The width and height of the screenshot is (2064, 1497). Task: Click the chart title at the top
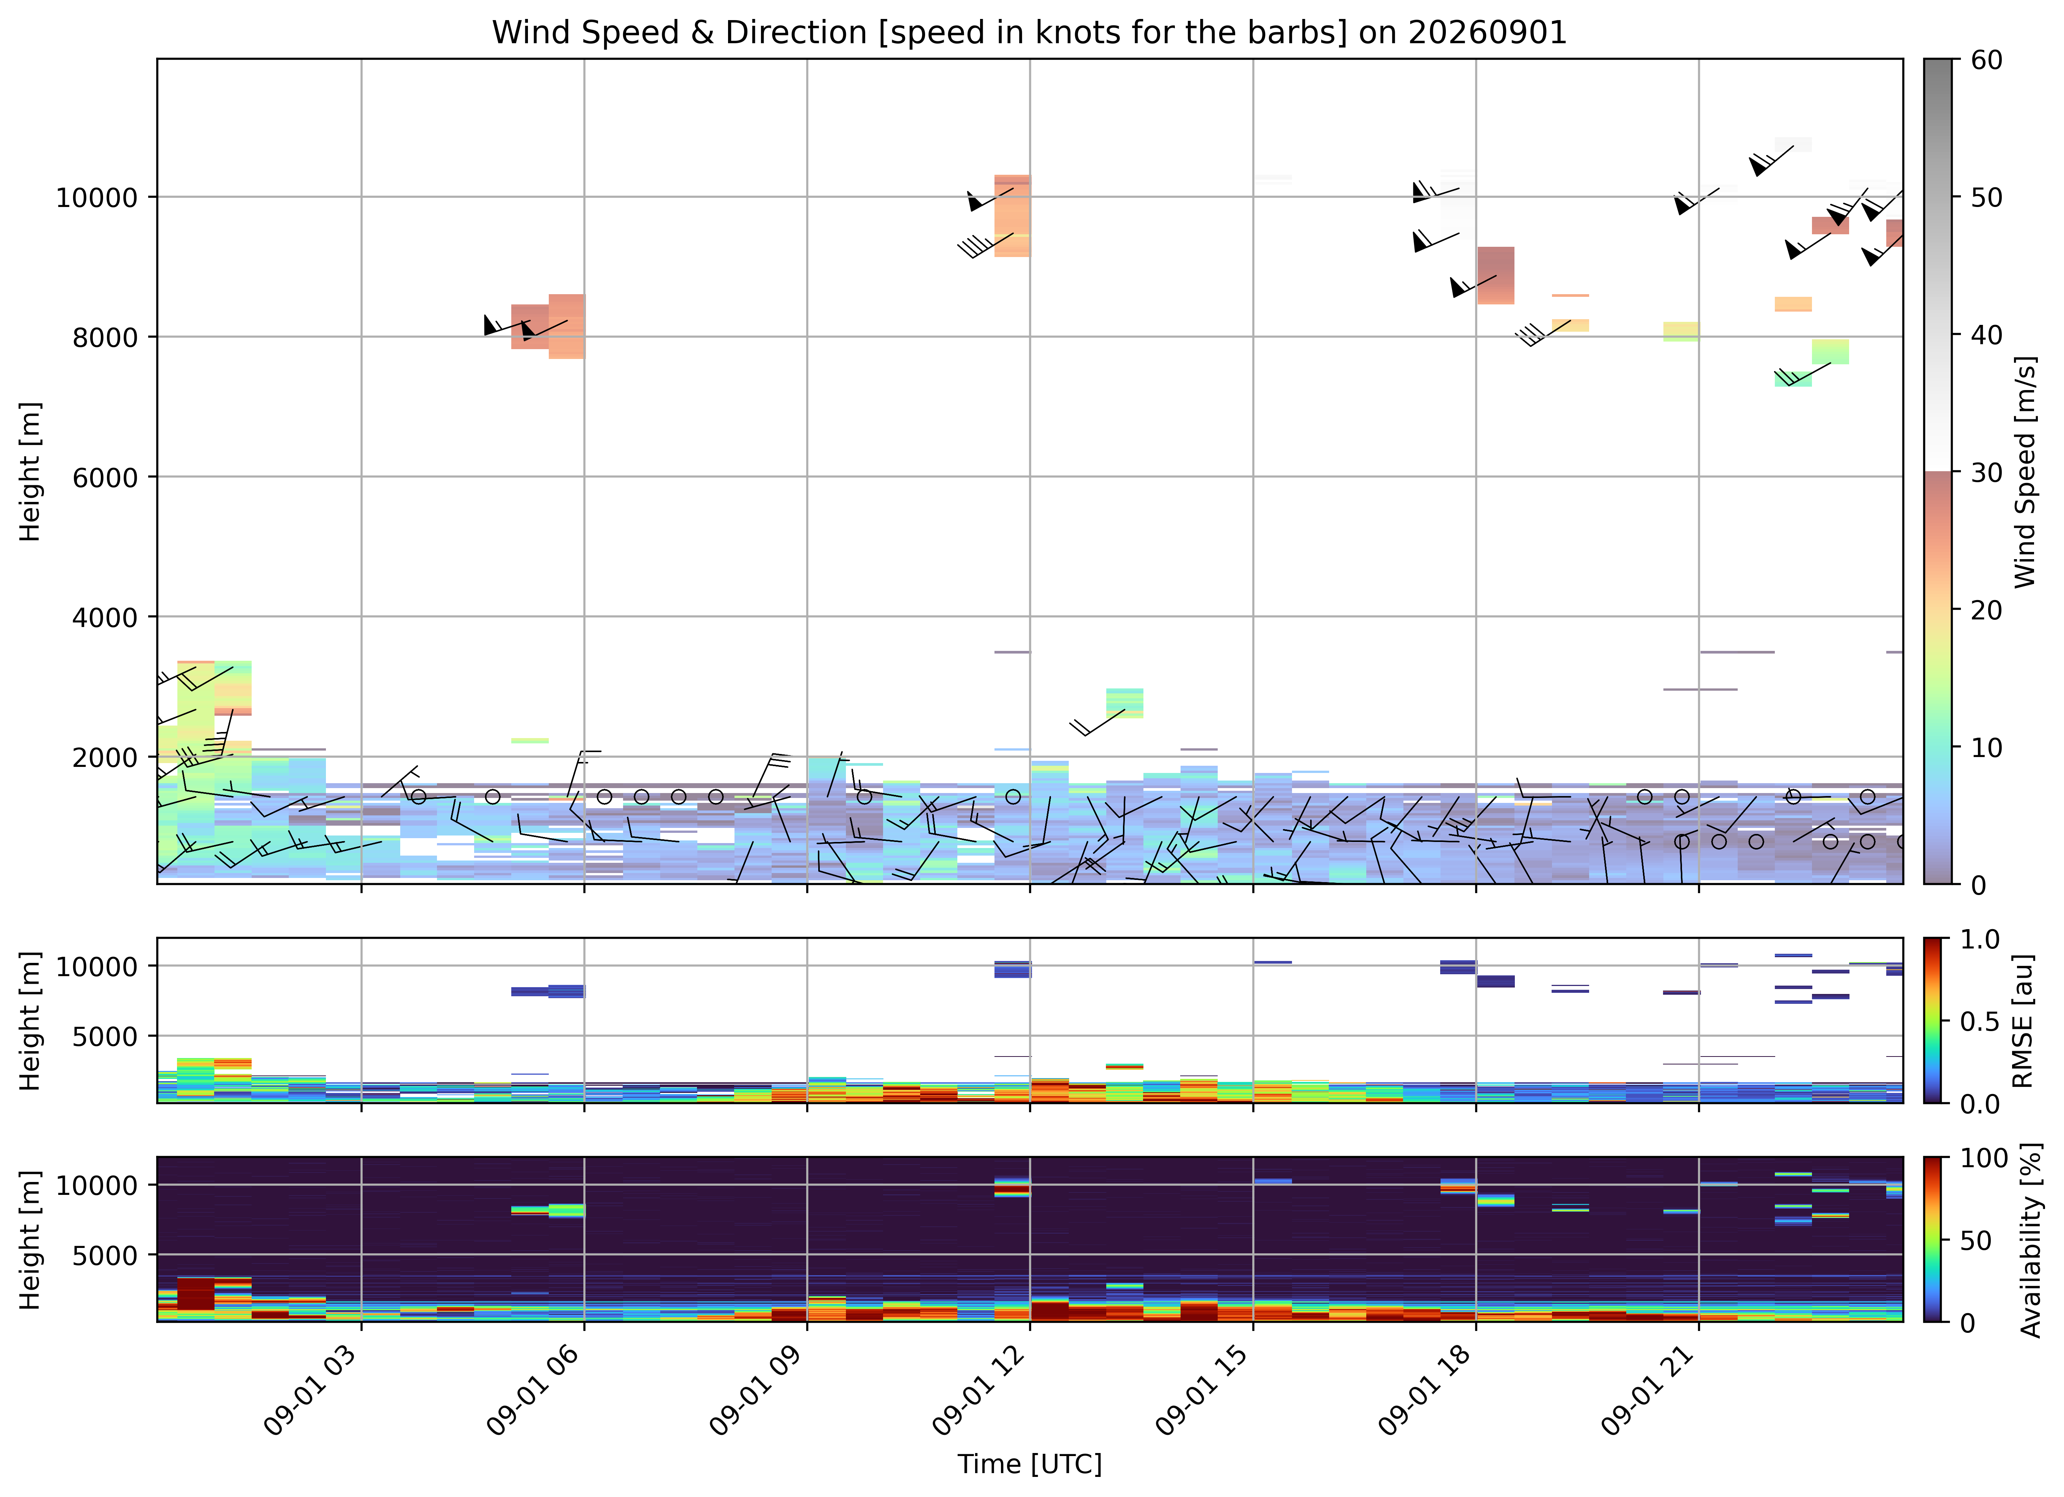1029,33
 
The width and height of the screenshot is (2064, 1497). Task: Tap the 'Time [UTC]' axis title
1029,1464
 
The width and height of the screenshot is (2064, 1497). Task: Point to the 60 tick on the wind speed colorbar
1987,60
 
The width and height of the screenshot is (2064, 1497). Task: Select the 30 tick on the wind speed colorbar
1987,472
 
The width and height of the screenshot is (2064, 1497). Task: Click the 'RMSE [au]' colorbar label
2023,1021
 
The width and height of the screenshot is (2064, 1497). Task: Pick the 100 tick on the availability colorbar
1984,1158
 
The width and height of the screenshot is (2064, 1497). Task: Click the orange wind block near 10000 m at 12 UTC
1012,216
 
